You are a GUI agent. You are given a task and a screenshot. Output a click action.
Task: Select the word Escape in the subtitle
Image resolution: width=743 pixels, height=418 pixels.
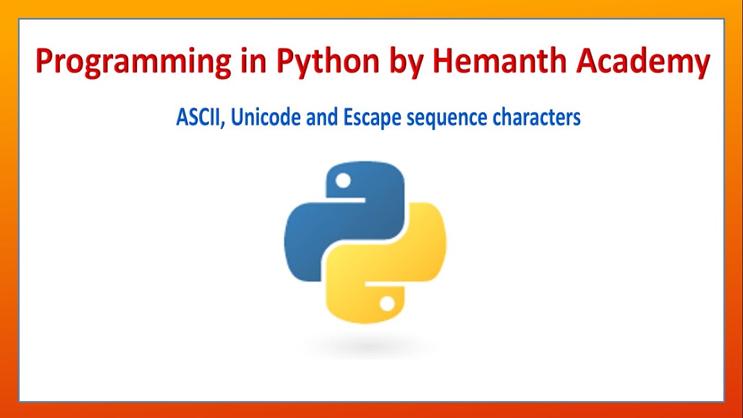[371, 118]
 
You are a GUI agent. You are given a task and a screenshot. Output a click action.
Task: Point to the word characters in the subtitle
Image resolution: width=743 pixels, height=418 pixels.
[536, 118]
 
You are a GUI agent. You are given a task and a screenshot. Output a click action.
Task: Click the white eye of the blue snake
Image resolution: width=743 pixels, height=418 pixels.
[343, 181]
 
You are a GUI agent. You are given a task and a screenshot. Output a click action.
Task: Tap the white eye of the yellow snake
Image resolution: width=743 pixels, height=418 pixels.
[387, 303]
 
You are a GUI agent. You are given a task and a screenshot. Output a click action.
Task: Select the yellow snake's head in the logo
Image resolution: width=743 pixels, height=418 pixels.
[371, 299]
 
